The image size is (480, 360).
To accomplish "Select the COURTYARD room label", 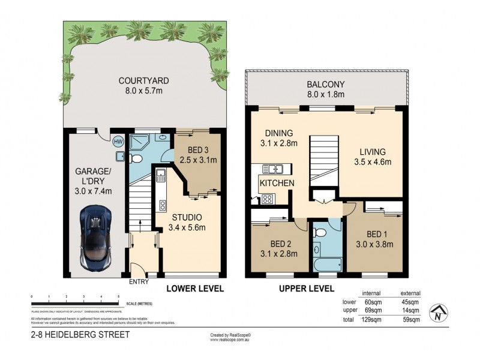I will pyautogui.click(x=143, y=80).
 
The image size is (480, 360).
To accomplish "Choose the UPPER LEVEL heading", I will pyautogui.click(x=306, y=289).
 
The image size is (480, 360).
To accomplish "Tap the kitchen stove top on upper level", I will pyautogui.click(x=268, y=199).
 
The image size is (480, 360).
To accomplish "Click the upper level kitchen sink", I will pyautogui.click(x=277, y=169).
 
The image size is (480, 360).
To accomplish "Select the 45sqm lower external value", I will pyautogui.click(x=411, y=302).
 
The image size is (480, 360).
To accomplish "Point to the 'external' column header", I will pyautogui.click(x=411, y=293).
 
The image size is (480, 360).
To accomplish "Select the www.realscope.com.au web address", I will pyautogui.click(x=230, y=340).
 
